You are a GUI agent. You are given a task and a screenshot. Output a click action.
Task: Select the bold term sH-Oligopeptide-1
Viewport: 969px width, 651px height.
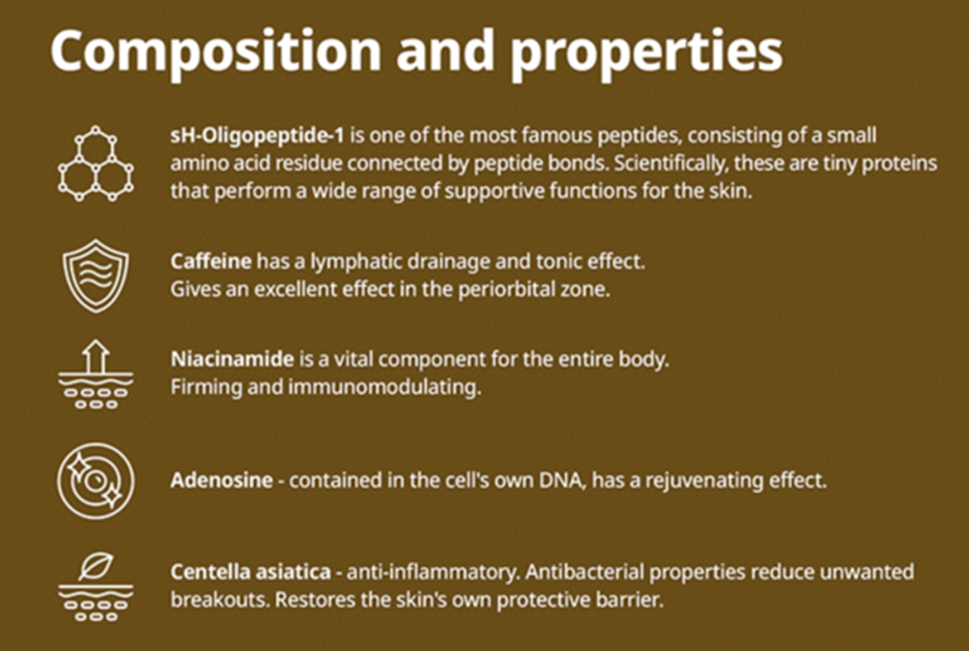pyautogui.click(x=257, y=137)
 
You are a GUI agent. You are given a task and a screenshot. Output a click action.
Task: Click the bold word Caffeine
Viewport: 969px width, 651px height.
pyautogui.click(x=210, y=262)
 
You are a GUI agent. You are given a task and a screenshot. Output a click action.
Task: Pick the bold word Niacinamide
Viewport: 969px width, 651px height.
pyautogui.click(x=233, y=358)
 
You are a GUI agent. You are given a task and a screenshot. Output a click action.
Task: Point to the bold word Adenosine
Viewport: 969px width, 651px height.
pyautogui.click(x=221, y=480)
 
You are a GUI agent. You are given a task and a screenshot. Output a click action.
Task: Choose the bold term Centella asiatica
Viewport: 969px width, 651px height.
pyautogui.click(x=251, y=572)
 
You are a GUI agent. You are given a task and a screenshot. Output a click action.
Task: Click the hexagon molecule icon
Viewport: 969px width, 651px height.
pyautogui.click(x=96, y=164)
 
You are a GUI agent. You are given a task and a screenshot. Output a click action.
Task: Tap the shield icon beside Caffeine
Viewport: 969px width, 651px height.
pyautogui.click(x=96, y=275)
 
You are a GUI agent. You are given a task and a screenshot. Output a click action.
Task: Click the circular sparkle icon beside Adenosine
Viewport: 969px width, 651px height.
pyautogui.click(x=96, y=480)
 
